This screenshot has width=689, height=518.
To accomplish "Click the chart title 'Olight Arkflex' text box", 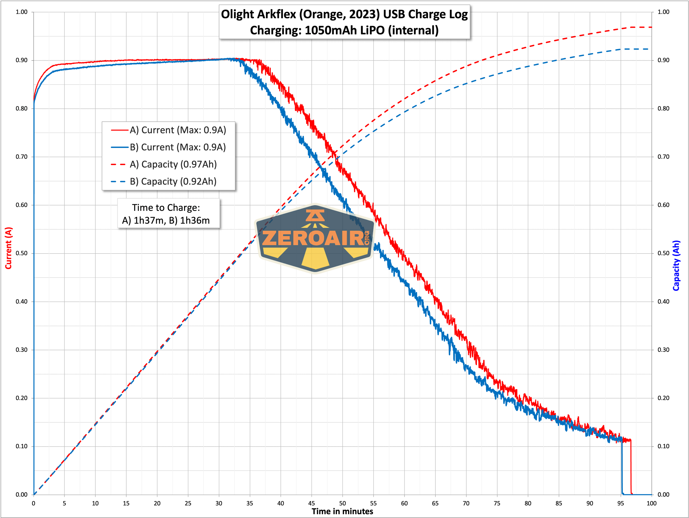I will [x=344, y=22].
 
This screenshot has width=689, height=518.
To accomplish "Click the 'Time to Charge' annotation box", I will [x=168, y=214].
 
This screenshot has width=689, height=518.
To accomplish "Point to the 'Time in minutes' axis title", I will [x=342, y=512].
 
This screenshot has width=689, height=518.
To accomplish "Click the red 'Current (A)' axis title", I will [x=8, y=248].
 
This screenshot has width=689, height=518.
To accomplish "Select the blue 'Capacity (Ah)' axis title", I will [x=676, y=266].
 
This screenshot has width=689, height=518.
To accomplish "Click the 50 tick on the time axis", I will [x=342, y=503].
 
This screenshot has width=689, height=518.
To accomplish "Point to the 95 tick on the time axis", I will [x=620, y=503].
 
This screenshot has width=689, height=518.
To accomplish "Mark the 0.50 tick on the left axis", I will [x=22, y=253].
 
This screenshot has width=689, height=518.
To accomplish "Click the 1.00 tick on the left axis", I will [x=22, y=12].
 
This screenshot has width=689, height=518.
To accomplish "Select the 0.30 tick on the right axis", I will [x=663, y=350].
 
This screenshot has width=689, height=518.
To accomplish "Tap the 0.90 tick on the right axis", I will [x=663, y=60].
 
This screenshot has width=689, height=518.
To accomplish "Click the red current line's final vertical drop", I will [x=631, y=468].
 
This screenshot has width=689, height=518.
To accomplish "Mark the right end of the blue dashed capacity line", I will [x=648, y=49].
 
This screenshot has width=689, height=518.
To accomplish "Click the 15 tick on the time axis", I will [x=126, y=503].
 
